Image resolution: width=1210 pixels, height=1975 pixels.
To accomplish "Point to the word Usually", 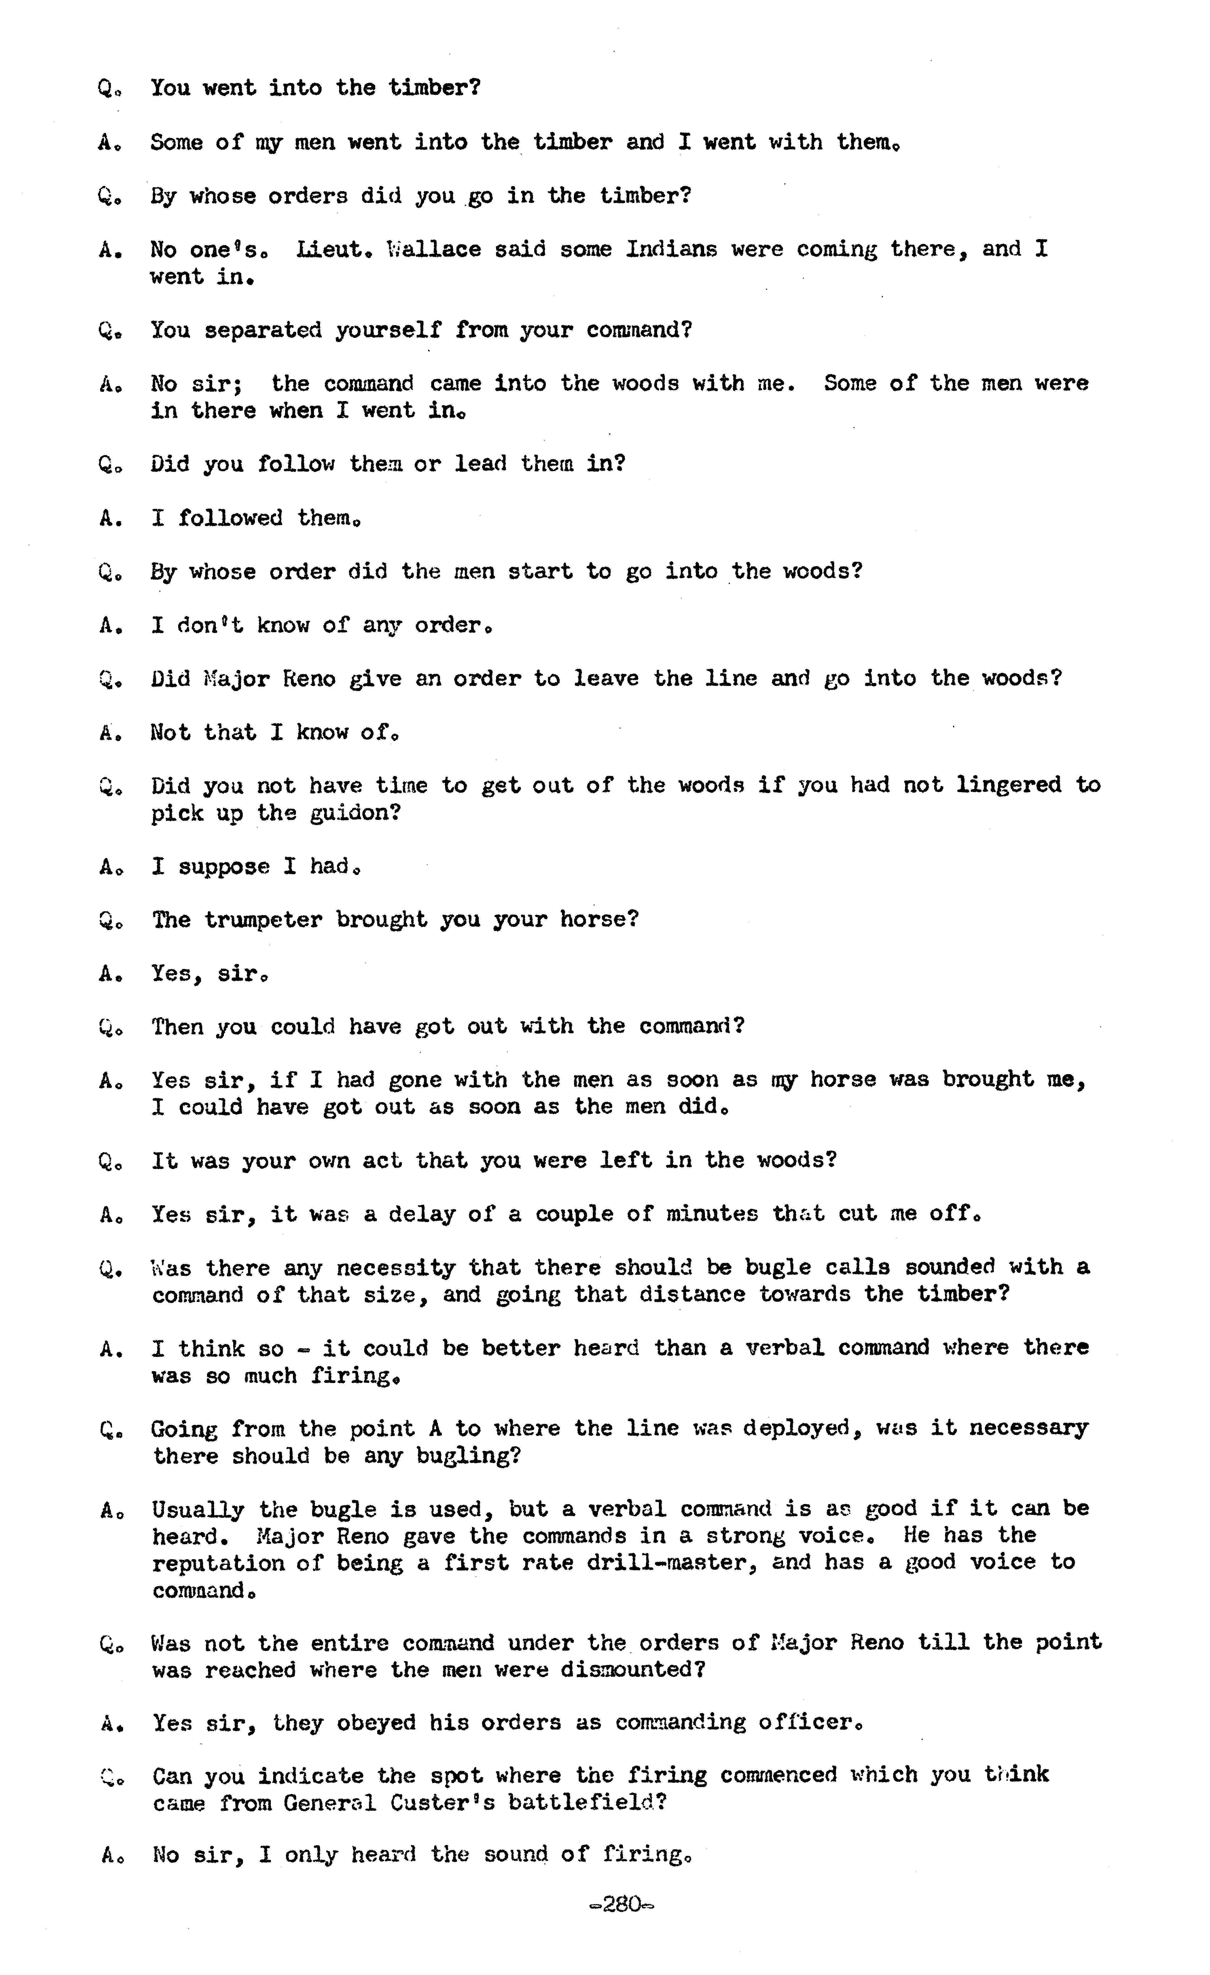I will pyautogui.click(x=197, y=1509).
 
